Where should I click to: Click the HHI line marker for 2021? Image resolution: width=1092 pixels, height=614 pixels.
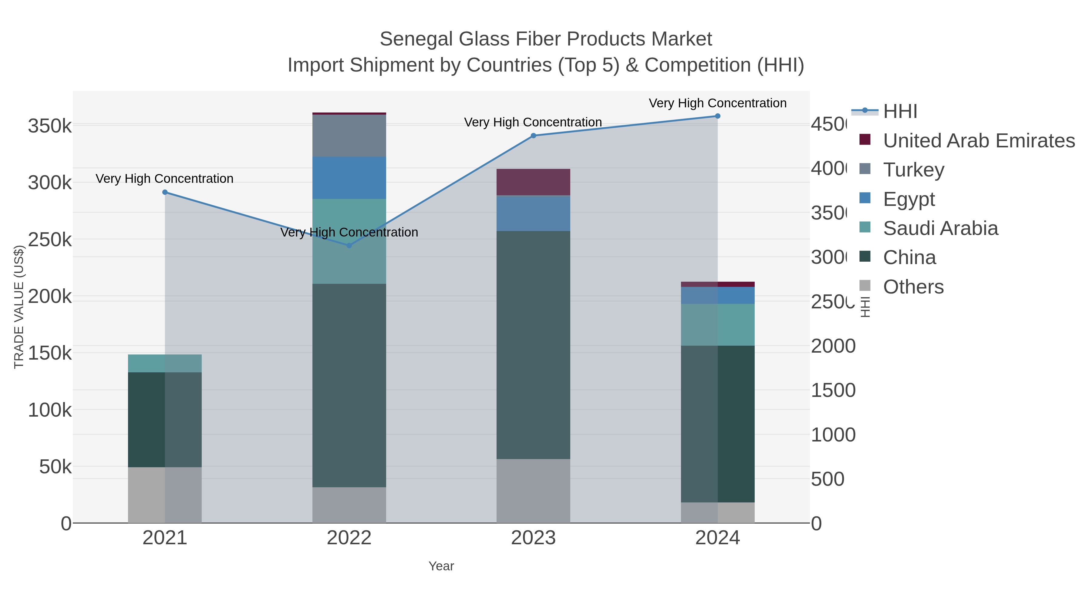coord(165,192)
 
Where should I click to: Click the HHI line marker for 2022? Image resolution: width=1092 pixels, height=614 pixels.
coord(349,245)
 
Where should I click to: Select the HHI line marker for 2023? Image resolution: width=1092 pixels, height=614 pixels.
coord(533,136)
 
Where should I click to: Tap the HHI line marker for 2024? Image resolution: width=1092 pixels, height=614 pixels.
coord(718,116)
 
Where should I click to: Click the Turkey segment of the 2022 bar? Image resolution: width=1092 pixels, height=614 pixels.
coord(349,136)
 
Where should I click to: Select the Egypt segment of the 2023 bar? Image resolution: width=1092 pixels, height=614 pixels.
coord(533,213)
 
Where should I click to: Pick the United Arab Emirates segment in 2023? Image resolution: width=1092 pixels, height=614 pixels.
coord(533,182)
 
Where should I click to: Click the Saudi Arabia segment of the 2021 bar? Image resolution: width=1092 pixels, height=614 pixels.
coord(165,364)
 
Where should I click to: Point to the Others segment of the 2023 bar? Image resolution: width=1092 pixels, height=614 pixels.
coord(533,491)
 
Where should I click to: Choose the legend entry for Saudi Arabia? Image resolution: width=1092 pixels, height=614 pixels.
coord(940,228)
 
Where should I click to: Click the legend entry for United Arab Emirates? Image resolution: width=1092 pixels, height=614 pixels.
coord(978,141)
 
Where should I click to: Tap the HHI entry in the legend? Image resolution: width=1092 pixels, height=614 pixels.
coord(900,112)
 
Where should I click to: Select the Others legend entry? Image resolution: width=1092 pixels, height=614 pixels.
coord(913,287)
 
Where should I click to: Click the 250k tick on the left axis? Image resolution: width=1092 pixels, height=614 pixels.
coord(50,240)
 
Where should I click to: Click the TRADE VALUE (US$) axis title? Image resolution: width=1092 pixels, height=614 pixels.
coord(19,307)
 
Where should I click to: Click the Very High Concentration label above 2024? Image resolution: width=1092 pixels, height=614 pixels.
coord(717,103)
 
